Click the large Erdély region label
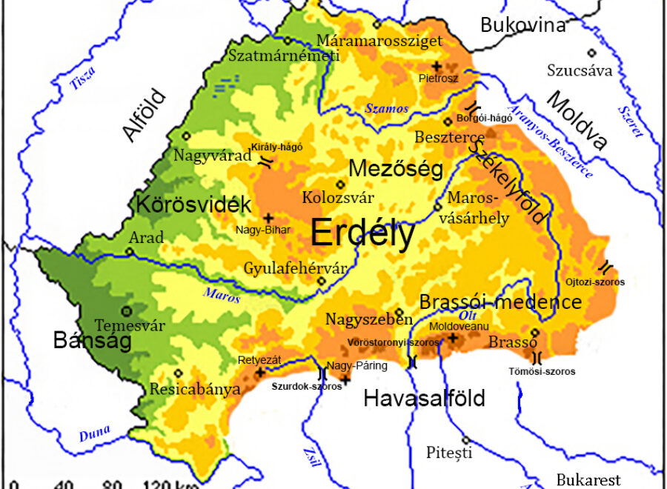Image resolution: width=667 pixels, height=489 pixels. [x=362, y=233]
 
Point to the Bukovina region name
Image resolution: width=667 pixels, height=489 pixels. [x=522, y=24]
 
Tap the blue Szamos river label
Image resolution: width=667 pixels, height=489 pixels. [x=386, y=108]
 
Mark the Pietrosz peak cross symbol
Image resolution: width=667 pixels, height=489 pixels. [x=437, y=65]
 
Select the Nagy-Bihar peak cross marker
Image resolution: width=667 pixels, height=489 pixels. [x=268, y=218]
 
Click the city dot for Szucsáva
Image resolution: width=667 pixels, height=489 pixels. [x=591, y=53]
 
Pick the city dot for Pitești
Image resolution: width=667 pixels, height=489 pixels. [x=466, y=439]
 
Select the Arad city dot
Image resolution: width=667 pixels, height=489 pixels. [x=129, y=251]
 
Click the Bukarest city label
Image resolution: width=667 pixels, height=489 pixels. [x=588, y=479]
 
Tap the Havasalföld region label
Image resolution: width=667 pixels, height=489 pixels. [x=424, y=399]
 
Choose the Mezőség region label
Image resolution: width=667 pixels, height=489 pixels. [x=396, y=169]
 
